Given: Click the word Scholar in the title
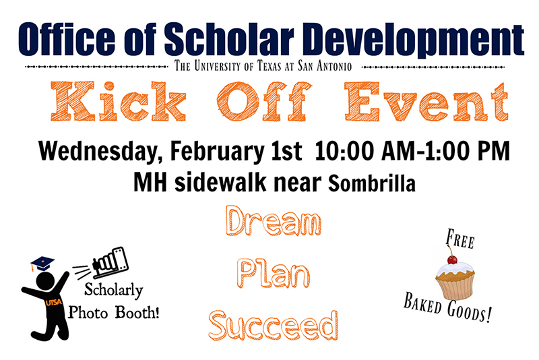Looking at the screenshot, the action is (x=229, y=40).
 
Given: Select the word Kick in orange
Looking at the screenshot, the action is (x=119, y=101).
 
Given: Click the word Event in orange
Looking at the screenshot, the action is (x=426, y=102).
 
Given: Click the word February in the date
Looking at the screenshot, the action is (x=217, y=151).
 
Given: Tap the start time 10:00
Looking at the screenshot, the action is (x=344, y=151).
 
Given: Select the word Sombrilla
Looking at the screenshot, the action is (x=372, y=183).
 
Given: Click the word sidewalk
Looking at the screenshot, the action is (x=220, y=182).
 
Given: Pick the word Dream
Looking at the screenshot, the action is (x=274, y=220).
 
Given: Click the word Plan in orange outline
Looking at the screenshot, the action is (x=274, y=274).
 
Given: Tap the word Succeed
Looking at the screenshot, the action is (x=274, y=325).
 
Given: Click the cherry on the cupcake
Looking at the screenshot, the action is (x=452, y=260).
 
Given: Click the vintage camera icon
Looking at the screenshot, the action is (x=110, y=262).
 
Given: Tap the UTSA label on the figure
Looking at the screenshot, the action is (x=54, y=302).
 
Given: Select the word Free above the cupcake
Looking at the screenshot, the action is (x=460, y=239).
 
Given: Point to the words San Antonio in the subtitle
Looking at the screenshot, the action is (x=325, y=65).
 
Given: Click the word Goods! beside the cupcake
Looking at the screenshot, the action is (x=469, y=311).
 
